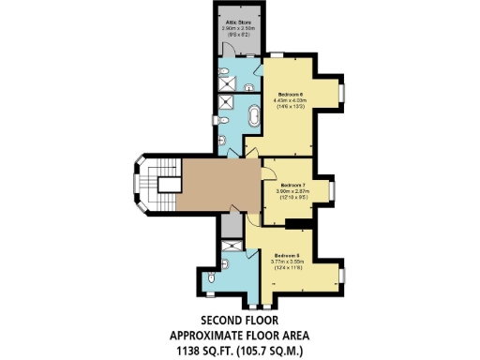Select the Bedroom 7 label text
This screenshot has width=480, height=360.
294,185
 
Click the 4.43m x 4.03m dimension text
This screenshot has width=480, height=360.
289,101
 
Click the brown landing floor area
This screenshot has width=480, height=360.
220,183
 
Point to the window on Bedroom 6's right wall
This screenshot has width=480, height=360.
342,92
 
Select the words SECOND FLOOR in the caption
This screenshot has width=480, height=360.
239,320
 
